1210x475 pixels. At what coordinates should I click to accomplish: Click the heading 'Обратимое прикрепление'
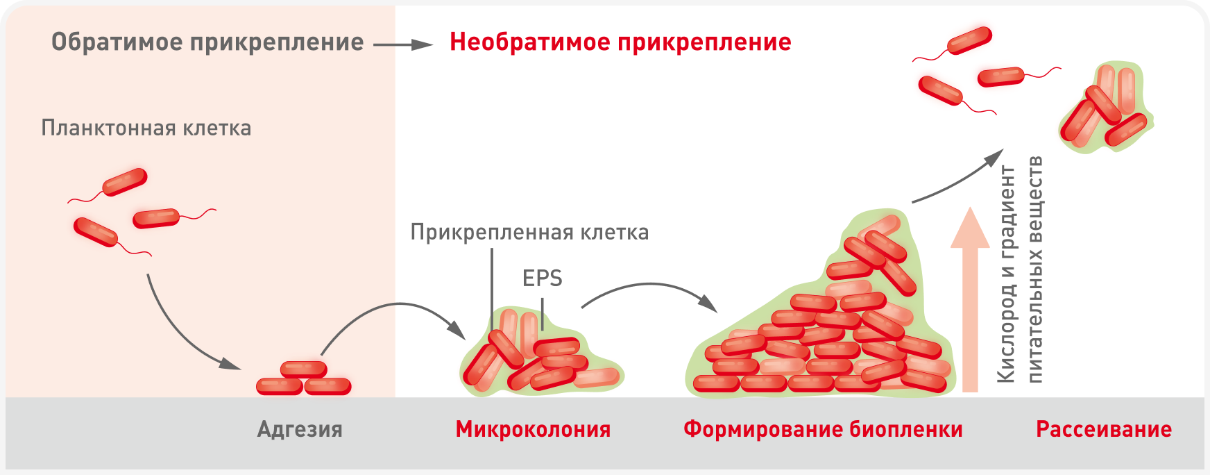point(207,42)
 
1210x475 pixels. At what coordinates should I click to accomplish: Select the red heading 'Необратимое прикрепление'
point(620,42)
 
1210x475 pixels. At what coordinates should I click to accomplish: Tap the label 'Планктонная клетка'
point(146,128)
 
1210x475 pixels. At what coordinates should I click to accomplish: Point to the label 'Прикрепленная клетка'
point(529,232)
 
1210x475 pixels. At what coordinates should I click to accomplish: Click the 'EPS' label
point(542,278)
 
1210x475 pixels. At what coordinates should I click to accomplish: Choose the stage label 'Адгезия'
point(300,429)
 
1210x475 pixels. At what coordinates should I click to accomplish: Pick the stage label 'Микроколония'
point(533,429)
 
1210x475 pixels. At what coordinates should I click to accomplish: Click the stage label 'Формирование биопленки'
point(823,429)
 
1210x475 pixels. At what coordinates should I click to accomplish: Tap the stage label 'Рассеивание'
point(1103,429)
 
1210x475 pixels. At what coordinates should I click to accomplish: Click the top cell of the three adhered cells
point(303,369)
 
